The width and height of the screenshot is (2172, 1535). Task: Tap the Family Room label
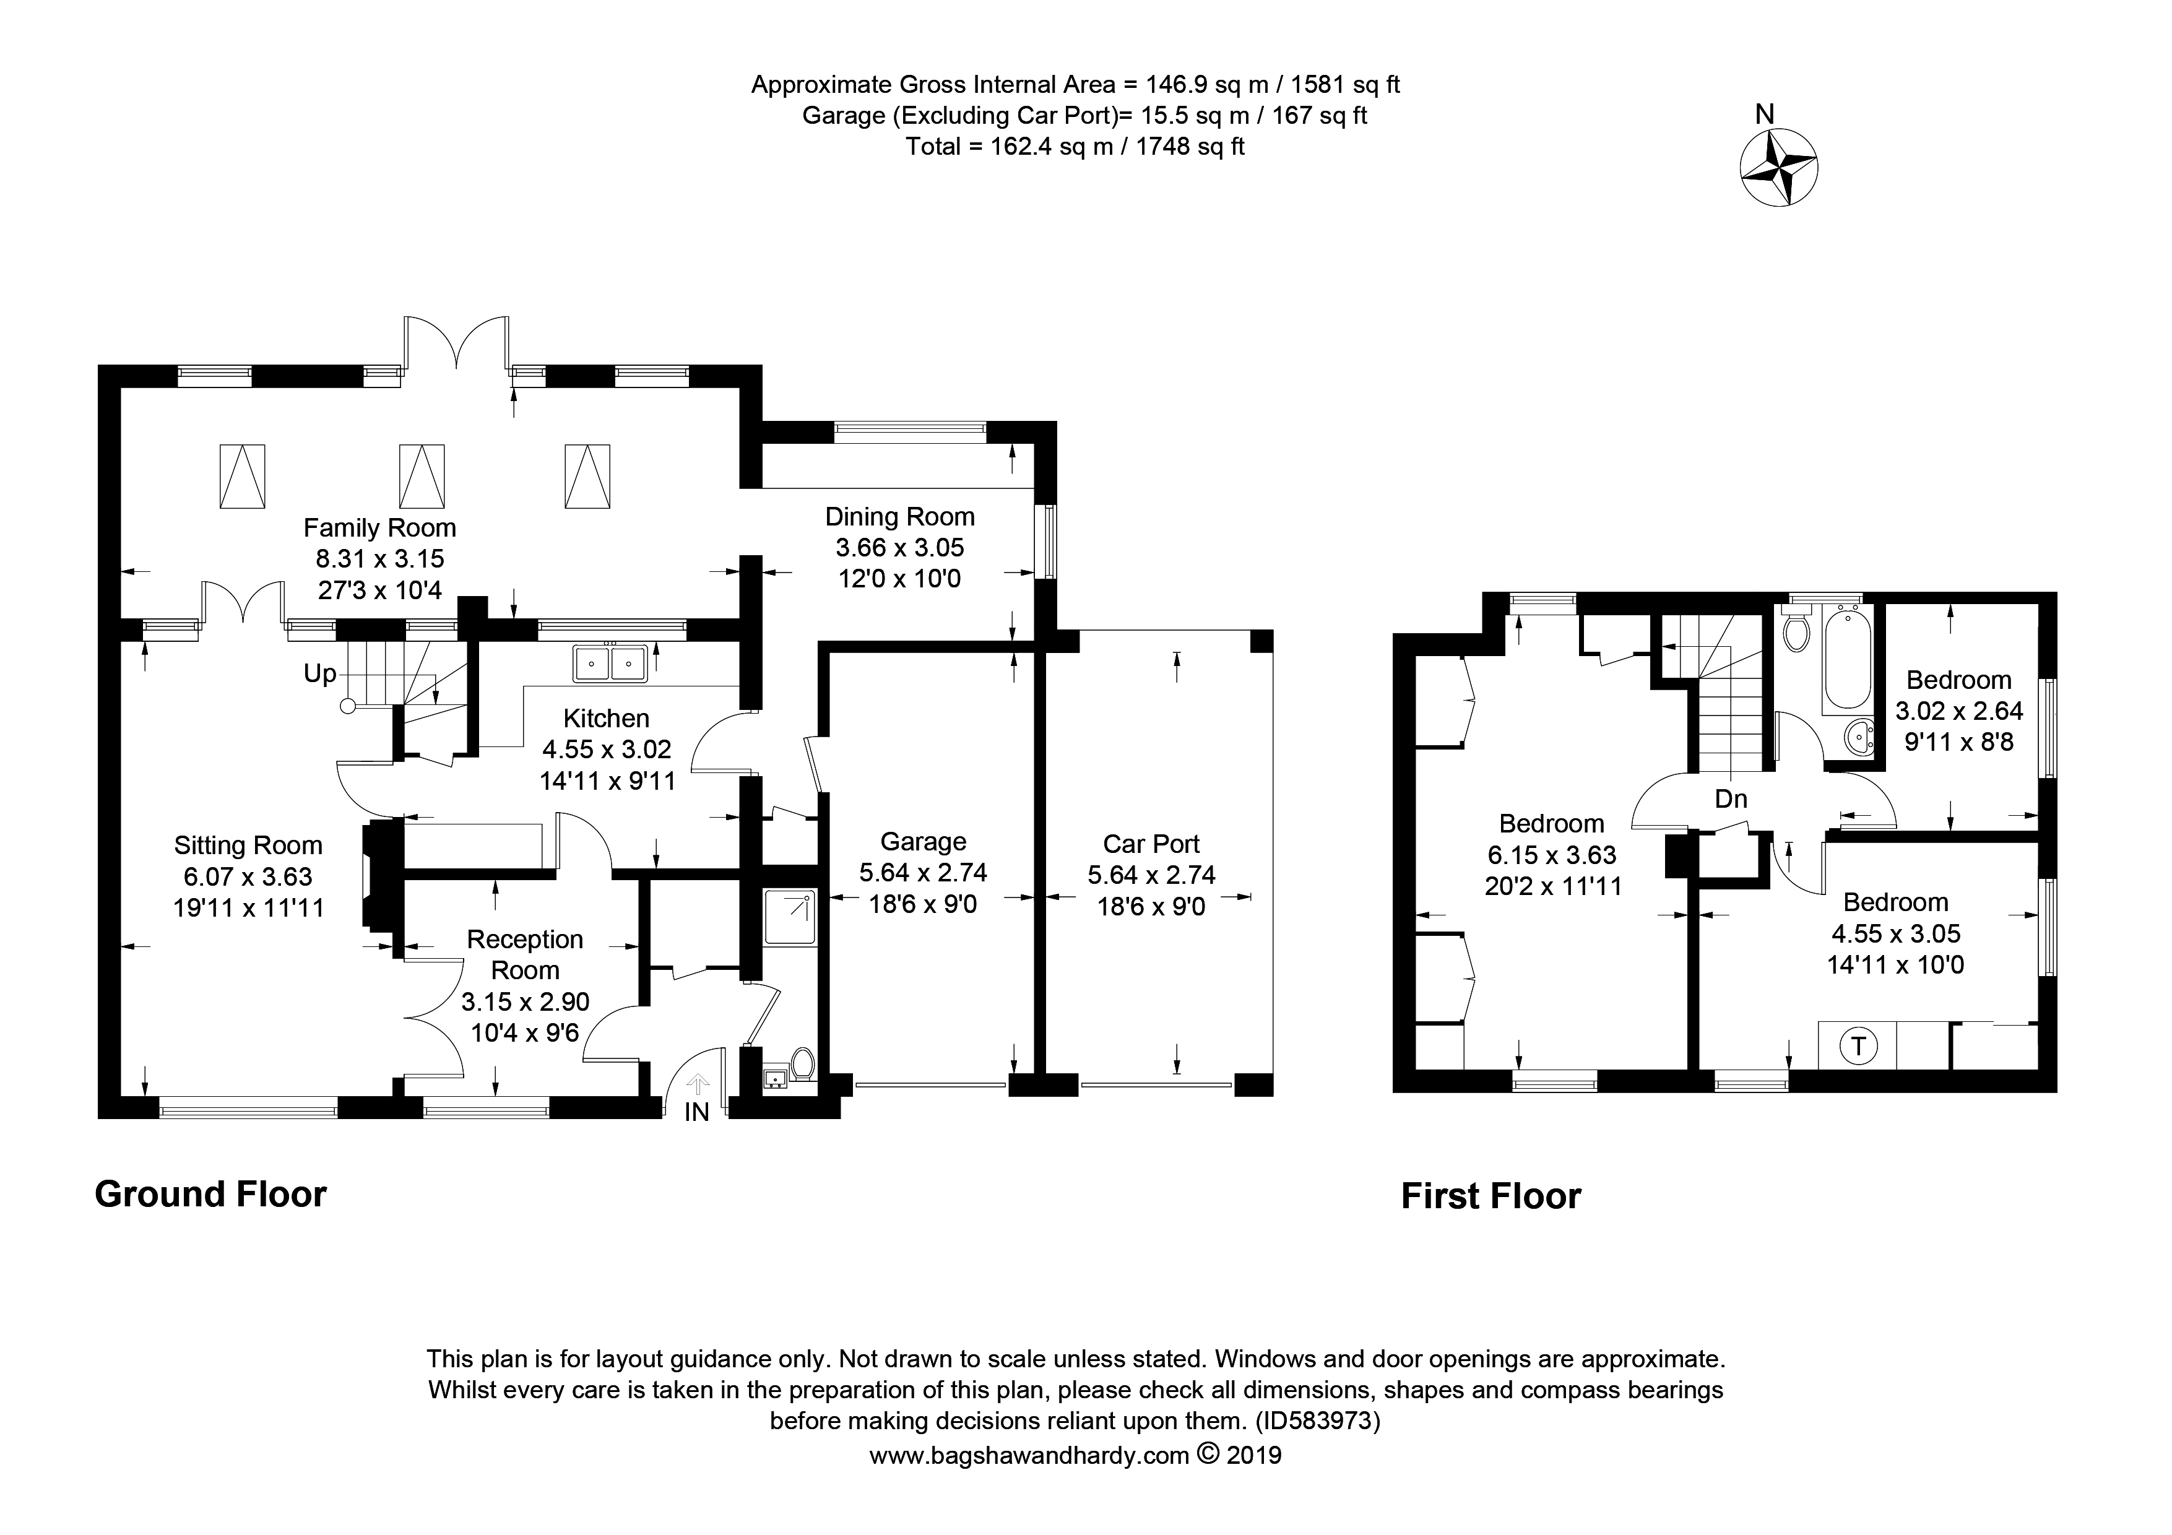click(379, 528)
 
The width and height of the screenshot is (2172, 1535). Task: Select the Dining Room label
click(899, 516)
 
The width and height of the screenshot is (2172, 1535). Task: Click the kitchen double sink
click(610, 663)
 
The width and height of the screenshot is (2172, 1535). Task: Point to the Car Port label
click(1151, 844)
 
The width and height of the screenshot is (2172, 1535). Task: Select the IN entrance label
click(696, 1113)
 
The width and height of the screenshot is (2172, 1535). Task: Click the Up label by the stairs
click(320, 673)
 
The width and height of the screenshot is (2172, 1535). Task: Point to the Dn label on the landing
click(1731, 799)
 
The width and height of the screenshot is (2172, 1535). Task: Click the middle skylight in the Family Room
click(422, 476)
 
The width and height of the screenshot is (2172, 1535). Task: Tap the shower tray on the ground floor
click(790, 917)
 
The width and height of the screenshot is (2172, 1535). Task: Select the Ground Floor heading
click(211, 1195)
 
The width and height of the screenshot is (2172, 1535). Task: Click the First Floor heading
click(1491, 1196)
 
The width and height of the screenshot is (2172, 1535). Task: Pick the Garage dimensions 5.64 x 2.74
click(924, 873)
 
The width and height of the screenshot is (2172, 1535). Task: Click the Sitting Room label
click(248, 845)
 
